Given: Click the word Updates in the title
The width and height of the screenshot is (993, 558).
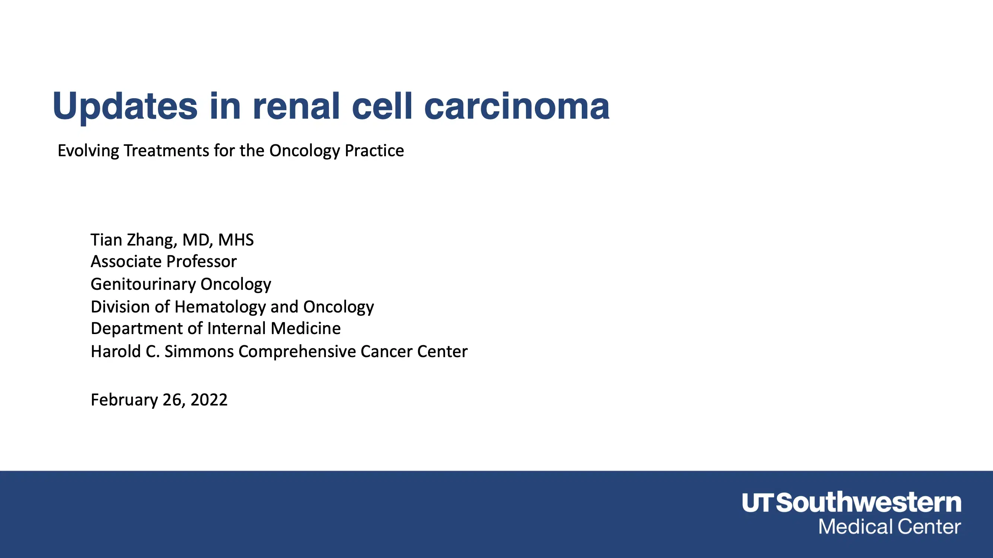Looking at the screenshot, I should click(125, 106).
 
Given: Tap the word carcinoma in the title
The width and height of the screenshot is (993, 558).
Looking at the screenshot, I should click(517, 106).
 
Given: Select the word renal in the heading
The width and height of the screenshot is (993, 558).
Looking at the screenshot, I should click(296, 106).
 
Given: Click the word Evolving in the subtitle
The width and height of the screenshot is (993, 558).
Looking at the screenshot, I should click(88, 151).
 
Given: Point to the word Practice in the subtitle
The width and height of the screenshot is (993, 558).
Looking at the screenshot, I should click(374, 151).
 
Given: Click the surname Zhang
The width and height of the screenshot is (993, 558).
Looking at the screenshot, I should click(152, 240).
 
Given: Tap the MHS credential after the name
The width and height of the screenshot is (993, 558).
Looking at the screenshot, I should click(236, 240).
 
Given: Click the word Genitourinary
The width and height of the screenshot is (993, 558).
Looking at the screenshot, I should click(143, 284).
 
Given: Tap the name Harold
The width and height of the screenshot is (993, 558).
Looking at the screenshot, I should click(115, 352).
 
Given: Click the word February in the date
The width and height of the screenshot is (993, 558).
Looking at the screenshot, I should click(124, 400).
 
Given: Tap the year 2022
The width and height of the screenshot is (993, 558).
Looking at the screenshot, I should click(209, 400).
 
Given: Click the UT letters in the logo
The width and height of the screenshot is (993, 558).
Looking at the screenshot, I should click(757, 503).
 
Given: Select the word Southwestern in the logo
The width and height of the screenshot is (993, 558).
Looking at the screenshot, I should click(868, 503).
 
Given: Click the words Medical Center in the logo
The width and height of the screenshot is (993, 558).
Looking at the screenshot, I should click(889, 527).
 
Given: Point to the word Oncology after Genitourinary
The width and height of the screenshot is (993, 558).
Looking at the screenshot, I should click(235, 284).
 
